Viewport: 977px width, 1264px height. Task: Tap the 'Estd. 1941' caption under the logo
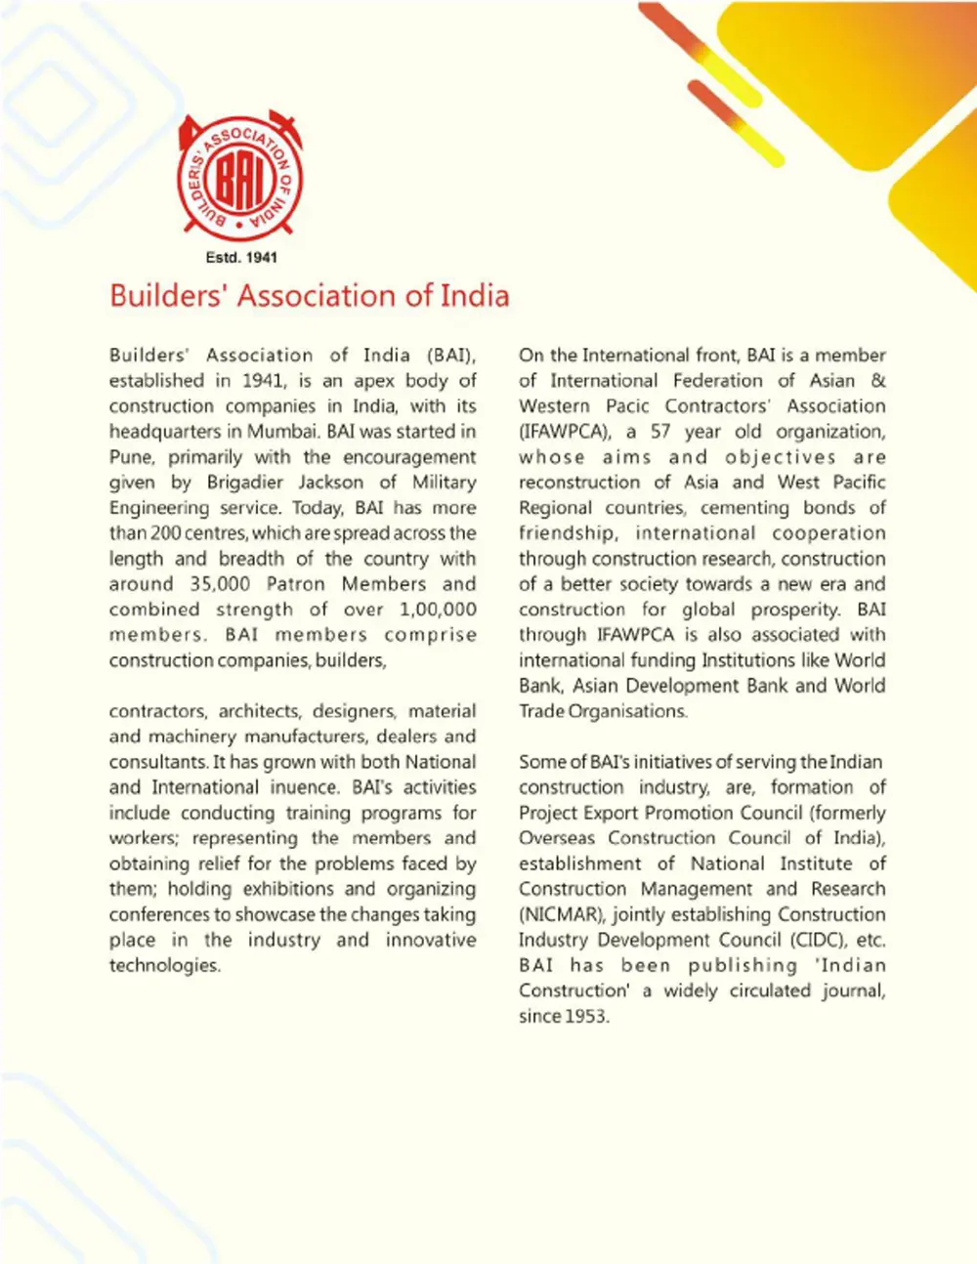[x=241, y=258]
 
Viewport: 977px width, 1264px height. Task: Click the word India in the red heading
[x=475, y=295]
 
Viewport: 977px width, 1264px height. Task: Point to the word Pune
[x=131, y=457]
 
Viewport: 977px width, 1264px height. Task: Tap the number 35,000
[x=220, y=584]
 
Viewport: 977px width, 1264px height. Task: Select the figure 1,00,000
[x=438, y=610]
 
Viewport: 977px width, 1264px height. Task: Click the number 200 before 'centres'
[x=163, y=533]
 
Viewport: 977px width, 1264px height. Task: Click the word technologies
[x=164, y=965]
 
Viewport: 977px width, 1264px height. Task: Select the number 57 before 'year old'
[x=662, y=432]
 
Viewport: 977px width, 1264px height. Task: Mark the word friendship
[x=567, y=533]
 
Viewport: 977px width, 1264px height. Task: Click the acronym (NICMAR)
[x=561, y=914]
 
